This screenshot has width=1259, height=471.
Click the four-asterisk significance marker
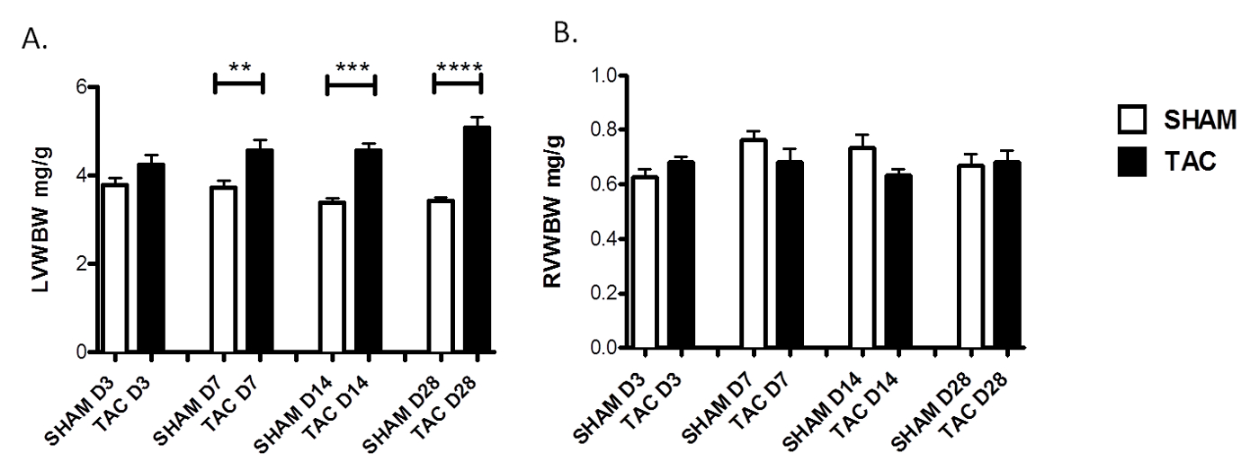click(x=458, y=67)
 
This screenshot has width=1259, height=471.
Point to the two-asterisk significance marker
click(x=239, y=67)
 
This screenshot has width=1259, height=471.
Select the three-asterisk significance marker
click(x=351, y=67)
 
